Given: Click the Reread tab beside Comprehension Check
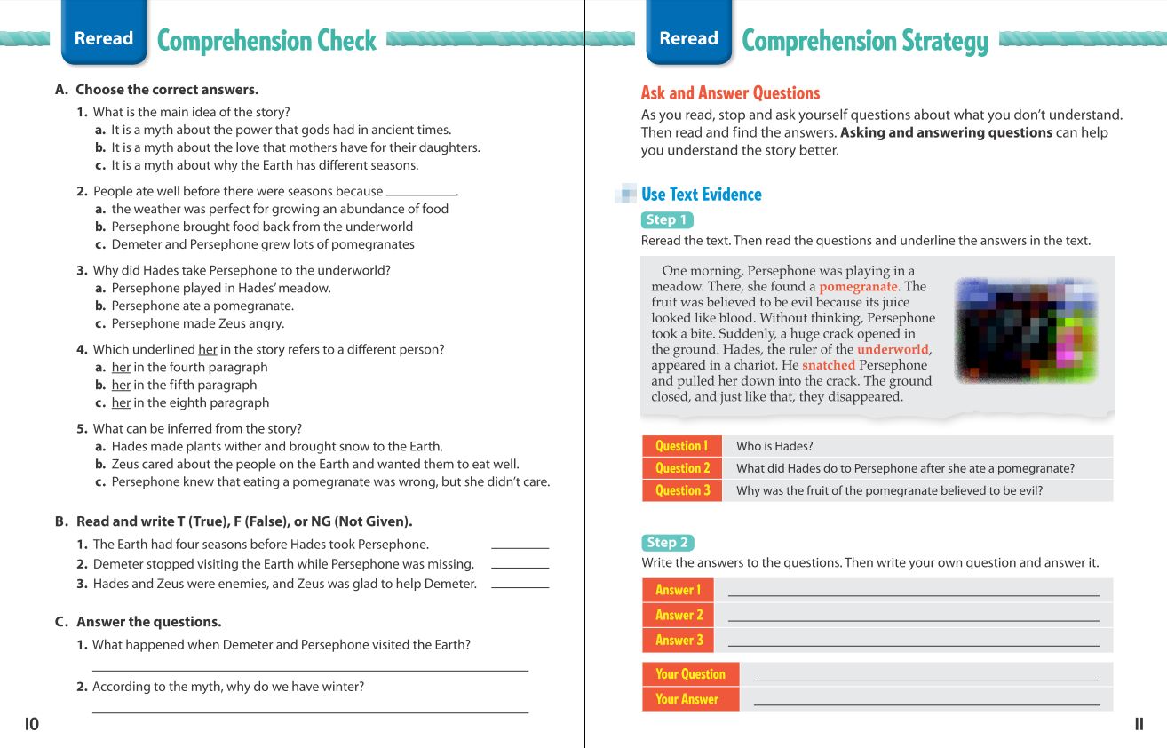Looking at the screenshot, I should coord(104,38).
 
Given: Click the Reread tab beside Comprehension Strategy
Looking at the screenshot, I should coord(688,38).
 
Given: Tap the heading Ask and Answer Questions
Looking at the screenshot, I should coord(730,93).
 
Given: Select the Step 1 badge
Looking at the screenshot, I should coord(666,219).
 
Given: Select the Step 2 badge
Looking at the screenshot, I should coord(667,542).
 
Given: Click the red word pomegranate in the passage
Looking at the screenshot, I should coord(858,287).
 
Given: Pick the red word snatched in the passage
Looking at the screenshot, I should coord(828,365).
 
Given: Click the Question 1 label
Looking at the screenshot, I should coord(681,446).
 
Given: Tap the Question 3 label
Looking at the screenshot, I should coord(681,490).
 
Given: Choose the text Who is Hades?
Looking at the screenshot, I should coord(774,446).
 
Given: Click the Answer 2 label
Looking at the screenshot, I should coord(679,615).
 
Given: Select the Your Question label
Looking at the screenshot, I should coord(690,674).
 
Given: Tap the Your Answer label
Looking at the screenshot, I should coord(687,699).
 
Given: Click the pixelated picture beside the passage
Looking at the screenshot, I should coord(1026,330).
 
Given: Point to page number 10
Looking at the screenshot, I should coord(32,724).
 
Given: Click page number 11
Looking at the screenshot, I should coord(1139,724).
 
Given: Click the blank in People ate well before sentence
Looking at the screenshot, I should coord(420,193).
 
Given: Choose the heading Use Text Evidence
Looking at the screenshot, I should coord(701,195).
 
